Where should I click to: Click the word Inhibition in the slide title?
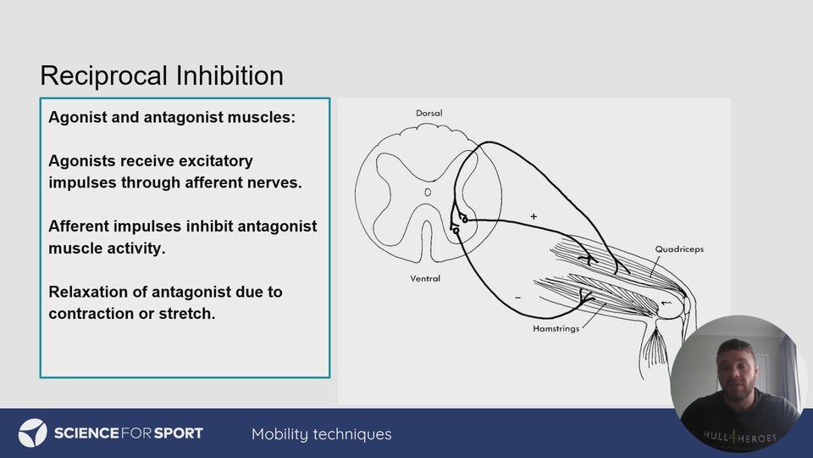[x=230, y=75]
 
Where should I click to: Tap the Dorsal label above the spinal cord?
[x=429, y=113]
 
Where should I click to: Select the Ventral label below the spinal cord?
[x=425, y=278]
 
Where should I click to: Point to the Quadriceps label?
[x=679, y=249]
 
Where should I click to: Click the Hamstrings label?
[x=556, y=329]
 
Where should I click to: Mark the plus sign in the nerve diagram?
[x=534, y=216]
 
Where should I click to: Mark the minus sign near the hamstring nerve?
[x=518, y=298]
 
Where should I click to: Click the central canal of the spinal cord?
[x=428, y=193]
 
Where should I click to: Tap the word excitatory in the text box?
[x=215, y=161]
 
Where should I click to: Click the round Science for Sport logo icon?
[x=33, y=433]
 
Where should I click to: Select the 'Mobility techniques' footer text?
[x=322, y=434]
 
